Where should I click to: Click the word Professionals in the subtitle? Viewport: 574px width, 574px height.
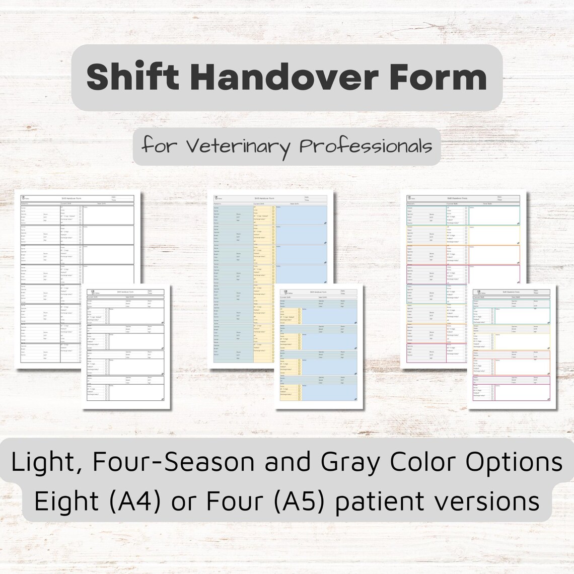366,147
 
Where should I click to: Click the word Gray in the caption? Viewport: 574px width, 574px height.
349,462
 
